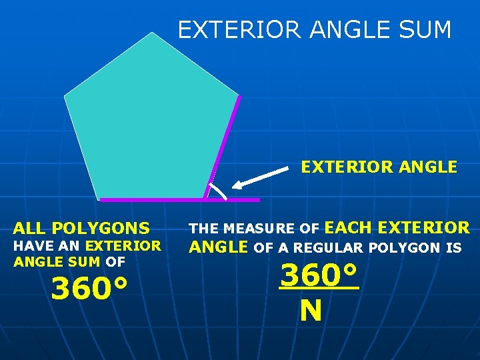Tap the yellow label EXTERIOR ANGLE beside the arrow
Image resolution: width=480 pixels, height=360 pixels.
pos(379,167)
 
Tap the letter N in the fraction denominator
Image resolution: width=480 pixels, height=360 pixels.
pos(311,311)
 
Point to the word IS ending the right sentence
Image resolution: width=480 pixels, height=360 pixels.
pos(453,248)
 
